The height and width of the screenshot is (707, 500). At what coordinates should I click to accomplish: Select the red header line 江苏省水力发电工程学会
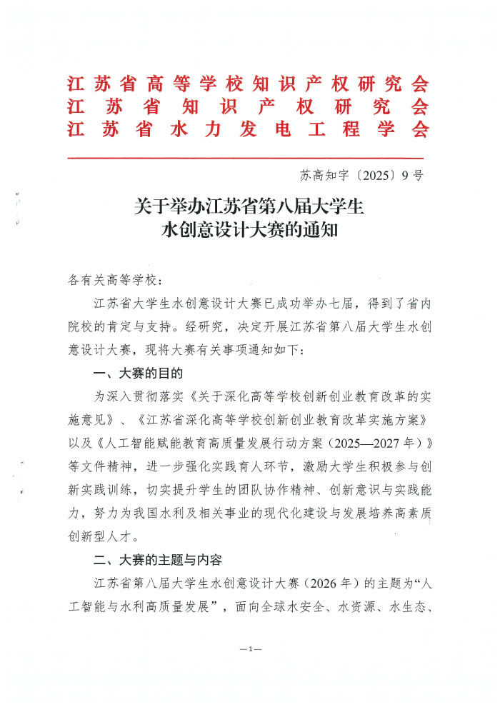248,129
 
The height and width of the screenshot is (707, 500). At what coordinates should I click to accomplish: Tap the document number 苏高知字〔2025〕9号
362,174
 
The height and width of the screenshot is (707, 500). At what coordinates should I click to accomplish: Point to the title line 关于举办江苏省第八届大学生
249,207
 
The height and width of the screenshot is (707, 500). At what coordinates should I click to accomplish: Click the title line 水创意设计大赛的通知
249,231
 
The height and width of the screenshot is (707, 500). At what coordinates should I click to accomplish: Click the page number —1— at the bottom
251,648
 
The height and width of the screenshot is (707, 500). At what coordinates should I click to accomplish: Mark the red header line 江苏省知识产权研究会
248,106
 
